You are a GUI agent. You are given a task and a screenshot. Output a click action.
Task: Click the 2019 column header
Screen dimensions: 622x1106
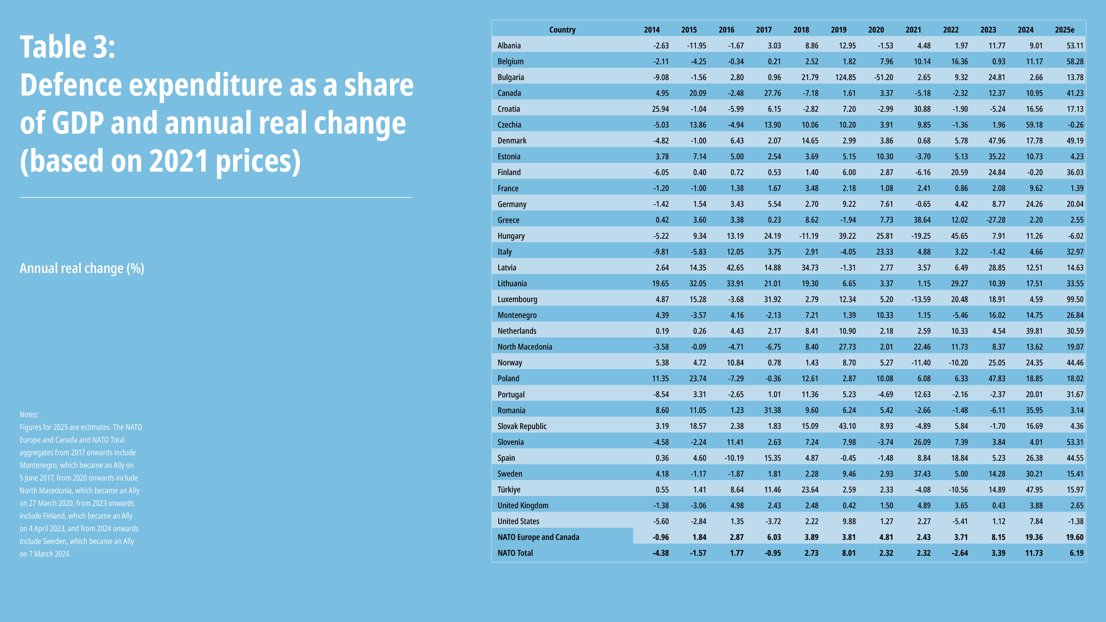click(x=838, y=30)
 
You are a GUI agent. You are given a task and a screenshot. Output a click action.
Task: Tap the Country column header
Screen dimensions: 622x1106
click(x=562, y=30)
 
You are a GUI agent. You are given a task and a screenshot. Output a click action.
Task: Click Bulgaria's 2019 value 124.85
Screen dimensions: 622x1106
click(x=845, y=77)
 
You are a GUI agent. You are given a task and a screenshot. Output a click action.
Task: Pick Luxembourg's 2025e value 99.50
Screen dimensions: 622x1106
click(x=1075, y=299)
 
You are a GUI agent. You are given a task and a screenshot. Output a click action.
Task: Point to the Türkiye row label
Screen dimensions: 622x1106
click(x=509, y=489)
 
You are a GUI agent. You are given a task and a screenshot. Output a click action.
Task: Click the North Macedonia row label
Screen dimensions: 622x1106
click(x=525, y=347)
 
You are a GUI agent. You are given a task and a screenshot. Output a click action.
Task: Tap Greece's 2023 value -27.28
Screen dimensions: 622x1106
click(x=996, y=220)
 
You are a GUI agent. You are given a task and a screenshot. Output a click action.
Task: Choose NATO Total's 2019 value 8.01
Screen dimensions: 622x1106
click(x=849, y=553)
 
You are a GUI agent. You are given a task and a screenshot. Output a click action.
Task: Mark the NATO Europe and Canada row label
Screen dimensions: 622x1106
click(x=538, y=537)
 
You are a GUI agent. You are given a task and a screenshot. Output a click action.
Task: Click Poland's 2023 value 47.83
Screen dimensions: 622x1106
click(x=997, y=378)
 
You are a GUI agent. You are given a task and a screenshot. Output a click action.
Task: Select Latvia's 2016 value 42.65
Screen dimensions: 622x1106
click(x=735, y=268)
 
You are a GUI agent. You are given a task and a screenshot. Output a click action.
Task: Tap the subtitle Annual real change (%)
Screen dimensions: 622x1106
click(x=82, y=268)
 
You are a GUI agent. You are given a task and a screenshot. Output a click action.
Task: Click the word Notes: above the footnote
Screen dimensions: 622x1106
click(x=29, y=414)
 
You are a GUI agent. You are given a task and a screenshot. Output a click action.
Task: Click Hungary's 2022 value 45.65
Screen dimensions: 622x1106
click(x=959, y=236)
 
